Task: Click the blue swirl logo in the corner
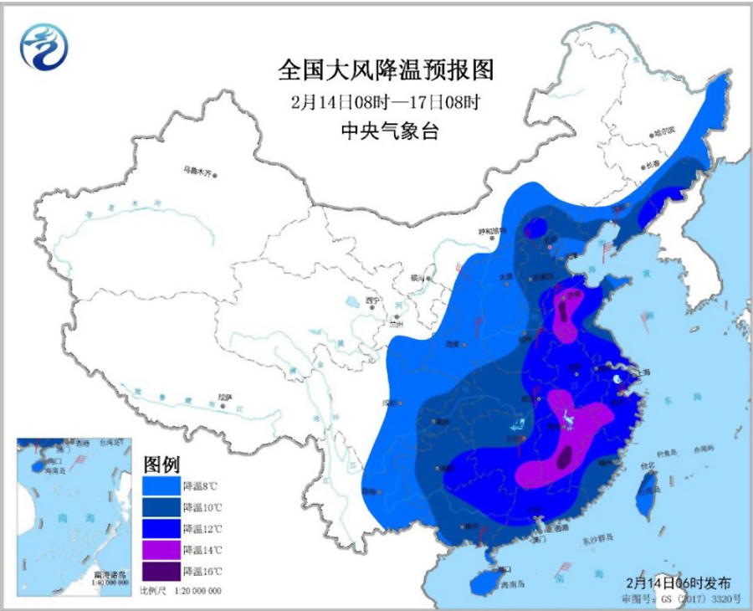(x=44, y=47)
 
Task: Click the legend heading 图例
(x=160, y=464)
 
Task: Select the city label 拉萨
(x=223, y=397)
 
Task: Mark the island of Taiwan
(x=647, y=491)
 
